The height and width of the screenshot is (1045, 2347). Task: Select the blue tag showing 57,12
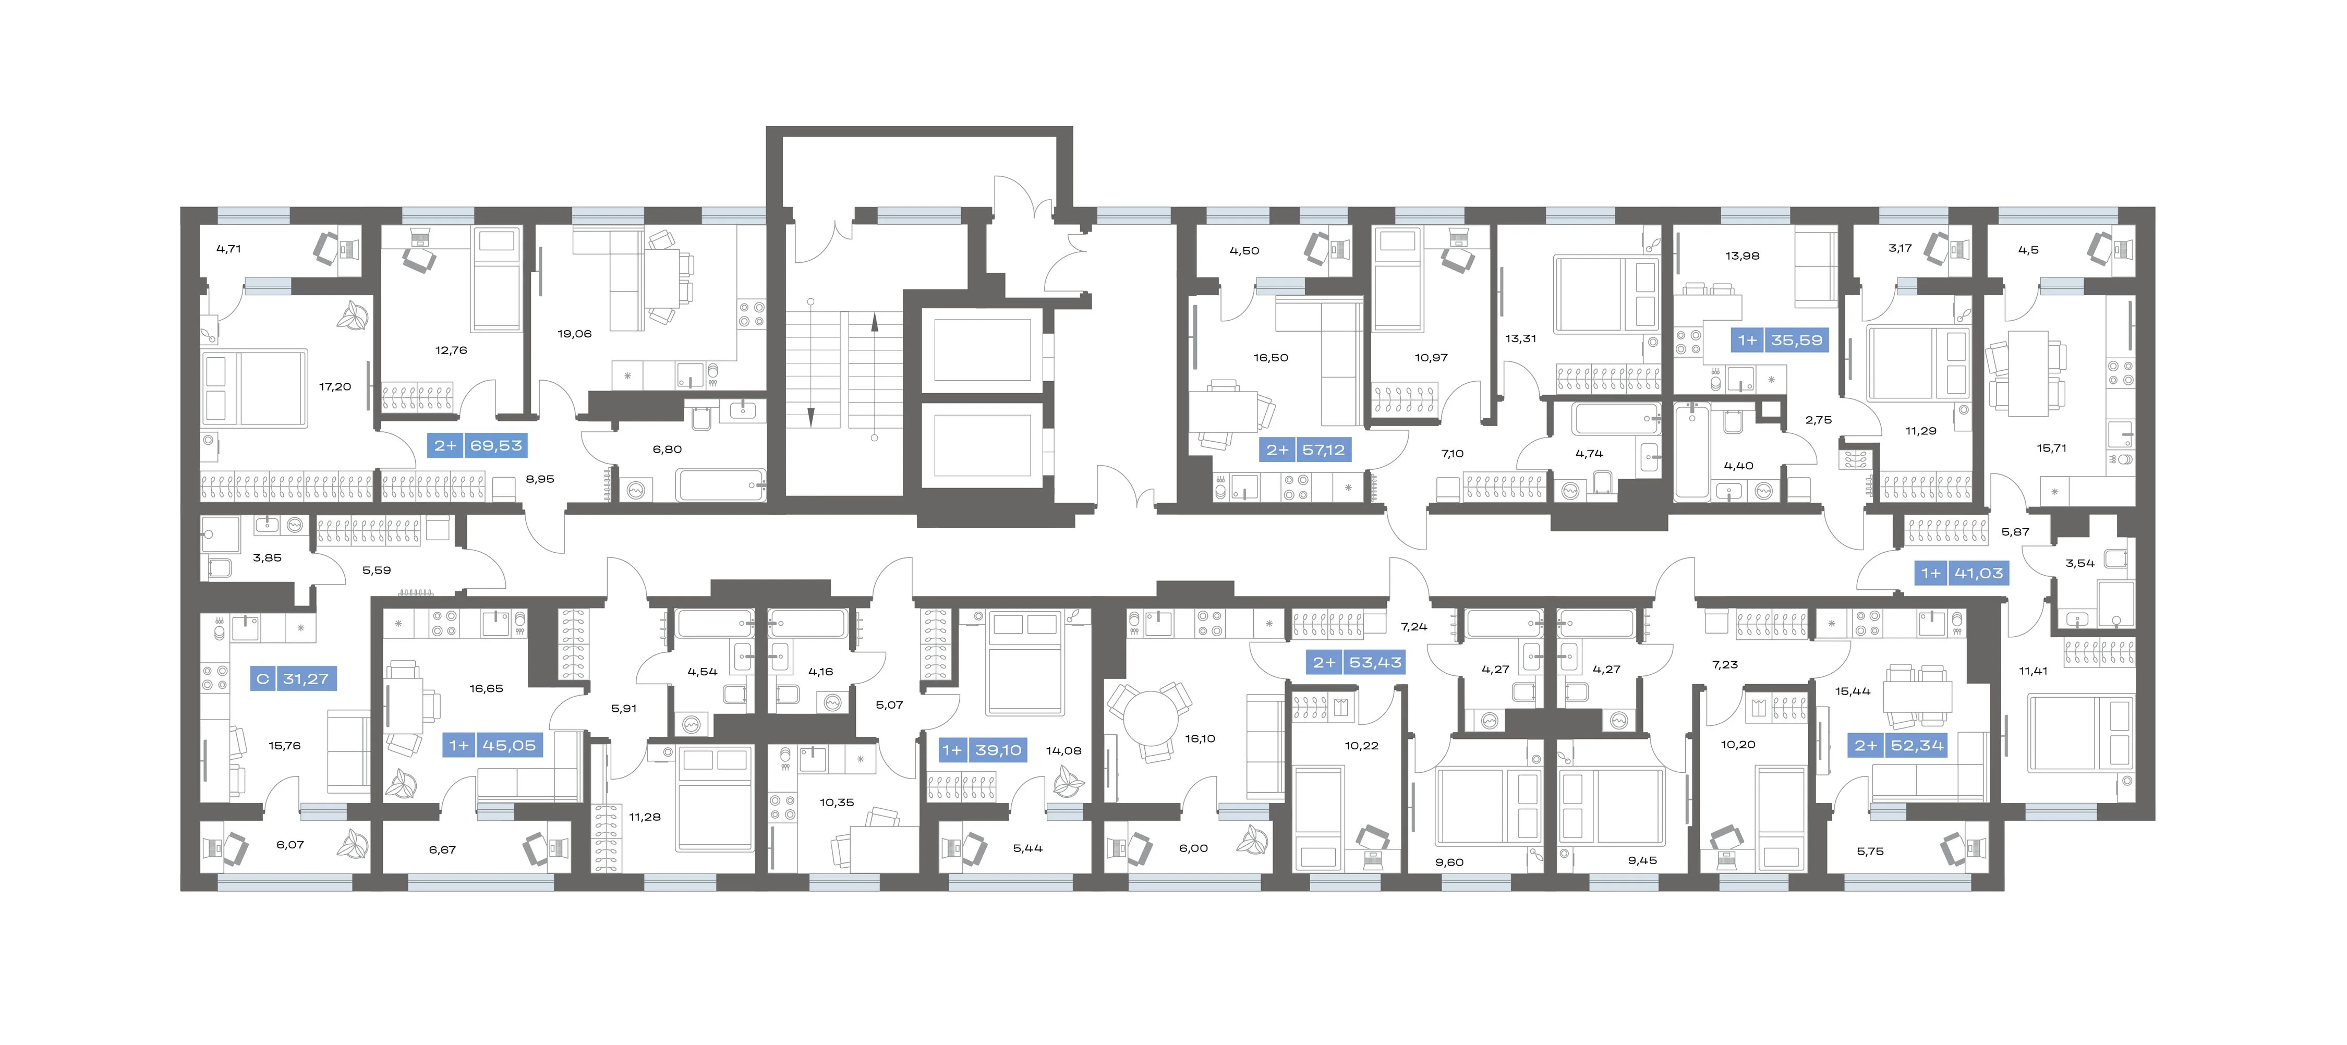click(1305, 450)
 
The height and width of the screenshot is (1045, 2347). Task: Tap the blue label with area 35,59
click(1780, 341)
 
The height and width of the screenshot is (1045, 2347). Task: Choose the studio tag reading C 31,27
click(293, 679)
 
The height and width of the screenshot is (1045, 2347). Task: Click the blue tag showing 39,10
click(982, 750)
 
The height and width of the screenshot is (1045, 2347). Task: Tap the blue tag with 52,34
click(1900, 745)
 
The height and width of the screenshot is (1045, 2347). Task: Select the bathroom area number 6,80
click(667, 449)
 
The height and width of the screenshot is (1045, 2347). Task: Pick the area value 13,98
click(1742, 256)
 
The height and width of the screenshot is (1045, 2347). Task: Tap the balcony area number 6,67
click(443, 850)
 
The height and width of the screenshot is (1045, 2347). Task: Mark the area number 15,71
click(2052, 448)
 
